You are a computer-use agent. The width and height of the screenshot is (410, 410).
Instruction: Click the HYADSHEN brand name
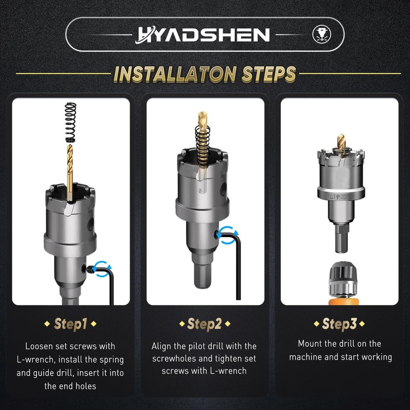click(203, 34)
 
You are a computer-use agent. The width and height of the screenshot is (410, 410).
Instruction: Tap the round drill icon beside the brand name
click(322, 34)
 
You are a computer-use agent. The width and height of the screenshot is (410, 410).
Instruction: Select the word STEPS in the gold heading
click(269, 74)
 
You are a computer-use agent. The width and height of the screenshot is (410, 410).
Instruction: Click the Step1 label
click(70, 324)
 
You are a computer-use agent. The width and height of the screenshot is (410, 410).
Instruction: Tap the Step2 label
click(204, 324)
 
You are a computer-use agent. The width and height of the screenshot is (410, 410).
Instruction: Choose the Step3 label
click(339, 324)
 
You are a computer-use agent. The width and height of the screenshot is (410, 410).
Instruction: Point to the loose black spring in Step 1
click(70, 122)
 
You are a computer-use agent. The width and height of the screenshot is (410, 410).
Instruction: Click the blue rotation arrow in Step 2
click(228, 235)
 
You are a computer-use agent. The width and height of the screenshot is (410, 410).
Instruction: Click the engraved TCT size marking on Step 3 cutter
click(341, 196)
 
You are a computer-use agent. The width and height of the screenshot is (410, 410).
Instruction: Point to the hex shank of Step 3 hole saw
click(341, 238)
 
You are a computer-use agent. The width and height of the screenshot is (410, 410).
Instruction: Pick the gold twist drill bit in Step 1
click(70, 173)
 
